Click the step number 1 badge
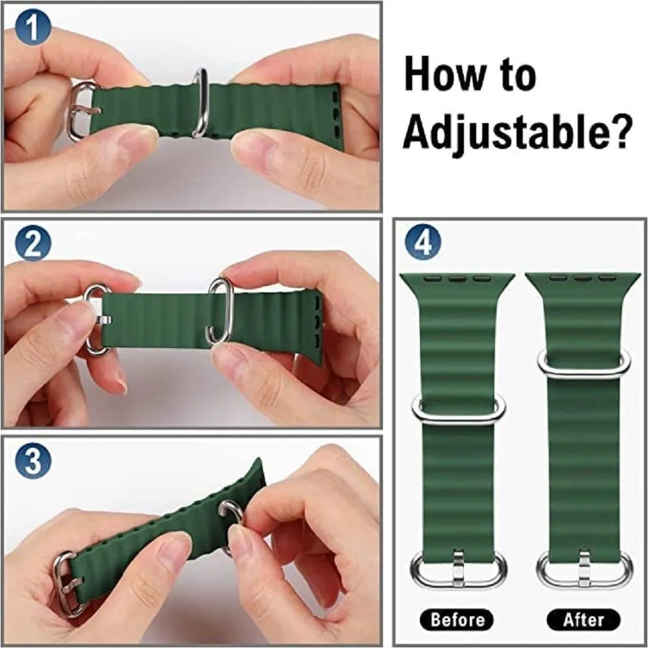[x=33, y=28]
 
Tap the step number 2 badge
[x=33, y=244]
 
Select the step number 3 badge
[x=33, y=460]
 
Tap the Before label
[x=457, y=619]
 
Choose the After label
[x=584, y=619]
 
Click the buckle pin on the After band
[x=584, y=568]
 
